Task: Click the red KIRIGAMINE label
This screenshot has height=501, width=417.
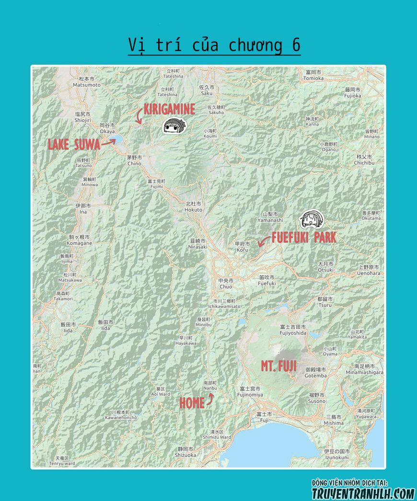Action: [x=169, y=109]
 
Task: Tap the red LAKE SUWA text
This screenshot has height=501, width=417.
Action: [x=74, y=144]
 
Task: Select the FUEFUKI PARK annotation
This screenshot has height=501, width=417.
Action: [x=304, y=238]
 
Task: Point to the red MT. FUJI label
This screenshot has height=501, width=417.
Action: [x=278, y=367]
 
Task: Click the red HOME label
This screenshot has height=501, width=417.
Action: [x=192, y=403]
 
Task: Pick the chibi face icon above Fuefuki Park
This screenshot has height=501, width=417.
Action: [x=312, y=219]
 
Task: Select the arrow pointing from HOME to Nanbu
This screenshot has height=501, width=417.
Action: [x=210, y=399]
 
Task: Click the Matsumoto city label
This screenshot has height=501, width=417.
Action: [x=87, y=82]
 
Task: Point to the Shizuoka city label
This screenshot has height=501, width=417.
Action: [x=186, y=452]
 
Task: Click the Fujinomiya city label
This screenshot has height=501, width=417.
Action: [x=250, y=392]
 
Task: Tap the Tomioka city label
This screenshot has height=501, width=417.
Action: [x=314, y=75]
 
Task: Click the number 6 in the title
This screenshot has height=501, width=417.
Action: [x=296, y=45]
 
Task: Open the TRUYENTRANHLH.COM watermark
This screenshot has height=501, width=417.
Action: [x=363, y=493]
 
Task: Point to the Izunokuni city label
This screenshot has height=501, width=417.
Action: [x=336, y=455]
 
